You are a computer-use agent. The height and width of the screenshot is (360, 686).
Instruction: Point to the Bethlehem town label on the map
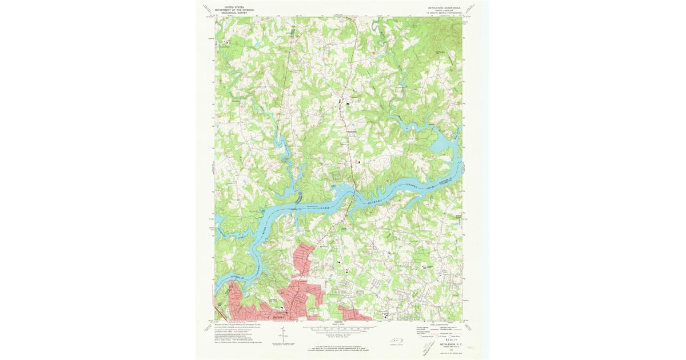[352, 134]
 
